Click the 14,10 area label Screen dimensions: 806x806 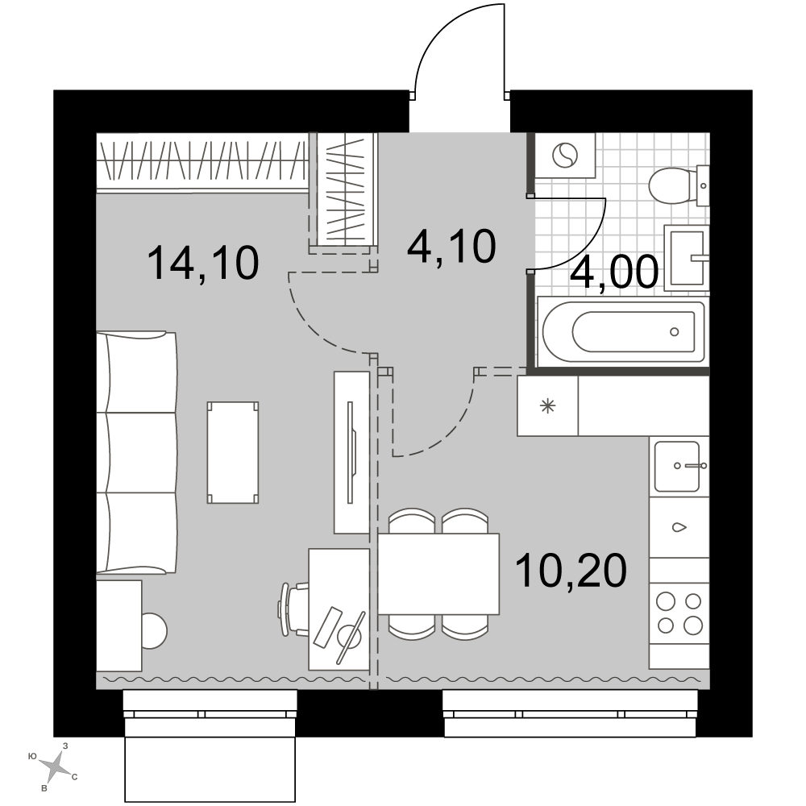(x=202, y=264)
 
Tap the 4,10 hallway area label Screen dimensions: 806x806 (x=451, y=246)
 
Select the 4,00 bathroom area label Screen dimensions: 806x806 (x=614, y=271)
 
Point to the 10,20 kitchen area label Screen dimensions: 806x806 (x=571, y=570)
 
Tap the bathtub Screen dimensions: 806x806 (x=623, y=331)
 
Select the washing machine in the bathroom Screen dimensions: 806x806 (x=565, y=155)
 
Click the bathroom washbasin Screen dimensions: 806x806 (x=687, y=258)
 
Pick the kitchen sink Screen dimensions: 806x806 (x=678, y=466)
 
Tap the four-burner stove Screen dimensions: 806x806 (x=679, y=613)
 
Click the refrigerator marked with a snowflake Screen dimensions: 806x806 (x=547, y=406)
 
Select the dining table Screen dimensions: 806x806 (x=439, y=574)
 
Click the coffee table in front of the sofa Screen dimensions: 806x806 (x=233, y=452)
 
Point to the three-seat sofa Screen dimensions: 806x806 (x=137, y=452)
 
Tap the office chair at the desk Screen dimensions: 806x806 (x=294, y=609)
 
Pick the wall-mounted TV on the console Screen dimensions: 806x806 (x=352, y=452)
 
